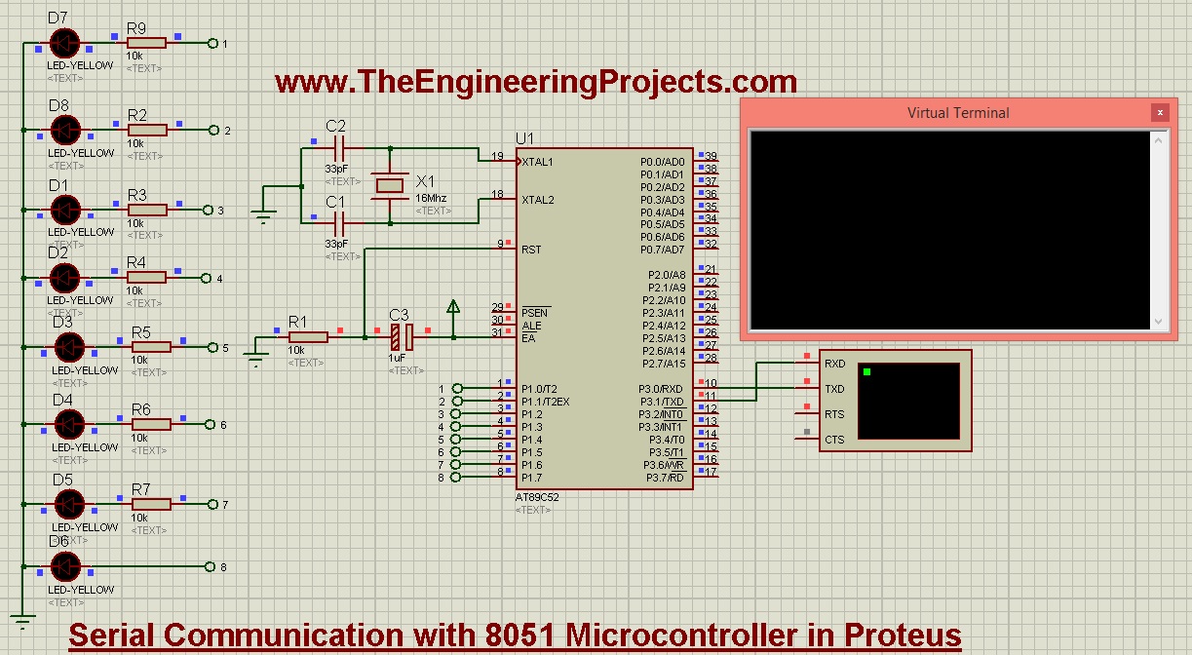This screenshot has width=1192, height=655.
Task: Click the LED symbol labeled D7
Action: pyautogui.click(x=64, y=43)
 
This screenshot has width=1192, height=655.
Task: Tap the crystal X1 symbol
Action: pyautogui.click(x=390, y=184)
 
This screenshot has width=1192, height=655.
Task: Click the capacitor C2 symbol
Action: pyautogui.click(x=338, y=148)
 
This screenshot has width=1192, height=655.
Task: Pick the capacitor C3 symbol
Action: pyautogui.click(x=401, y=338)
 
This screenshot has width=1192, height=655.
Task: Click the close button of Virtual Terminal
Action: pyautogui.click(x=1159, y=113)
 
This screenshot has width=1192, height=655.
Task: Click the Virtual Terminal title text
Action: pyautogui.click(x=958, y=113)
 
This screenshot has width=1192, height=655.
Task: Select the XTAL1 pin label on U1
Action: pyautogui.click(x=538, y=162)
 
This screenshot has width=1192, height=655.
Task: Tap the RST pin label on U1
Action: pyautogui.click(x=531, y=250)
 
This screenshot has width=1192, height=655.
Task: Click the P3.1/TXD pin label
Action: pyautogui.click(x=662, y=402)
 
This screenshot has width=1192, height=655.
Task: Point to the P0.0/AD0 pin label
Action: pyautogui.click(x=663, y=162)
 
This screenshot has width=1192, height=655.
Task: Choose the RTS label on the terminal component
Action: pyautogui.click(x=834, y=414)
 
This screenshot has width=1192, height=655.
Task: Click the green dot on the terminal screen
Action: pyautogui.click(x=865, y=371)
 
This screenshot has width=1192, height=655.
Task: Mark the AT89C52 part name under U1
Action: pyautogui.click(x=535, y=497)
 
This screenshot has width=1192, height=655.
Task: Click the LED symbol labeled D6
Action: pyautogui.click(x=64, y=566)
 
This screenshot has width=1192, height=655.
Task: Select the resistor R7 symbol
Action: pyautogui.click(x=150, y=504)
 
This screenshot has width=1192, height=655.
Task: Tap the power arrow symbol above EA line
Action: pyautogui.click(x=453, y=308)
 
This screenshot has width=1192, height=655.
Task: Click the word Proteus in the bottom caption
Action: pyautogui.click(x=887, y=636)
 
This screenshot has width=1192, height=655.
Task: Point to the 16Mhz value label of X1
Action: pyautogui.click(x=432, y=198)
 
